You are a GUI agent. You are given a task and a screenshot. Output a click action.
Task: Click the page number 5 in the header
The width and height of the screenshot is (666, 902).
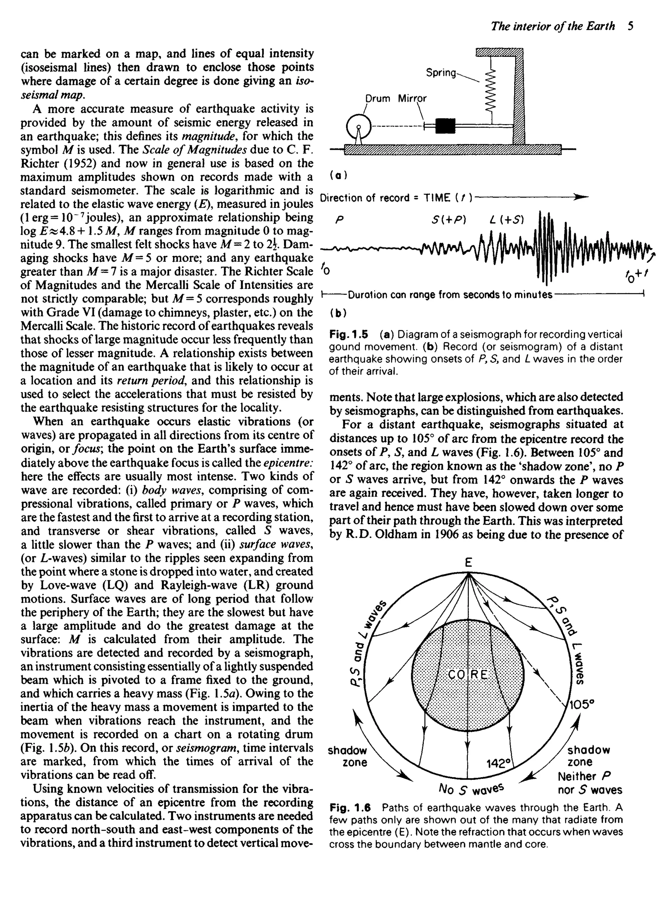(x=631, y=26)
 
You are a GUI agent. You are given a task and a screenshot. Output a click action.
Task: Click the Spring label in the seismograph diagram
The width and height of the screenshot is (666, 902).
(x=441, y=73)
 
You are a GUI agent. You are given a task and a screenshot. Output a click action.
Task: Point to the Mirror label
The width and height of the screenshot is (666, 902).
(x=412, y=98)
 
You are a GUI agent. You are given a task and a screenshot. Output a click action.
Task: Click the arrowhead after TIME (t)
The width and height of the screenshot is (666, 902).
(x=580, y=197)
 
